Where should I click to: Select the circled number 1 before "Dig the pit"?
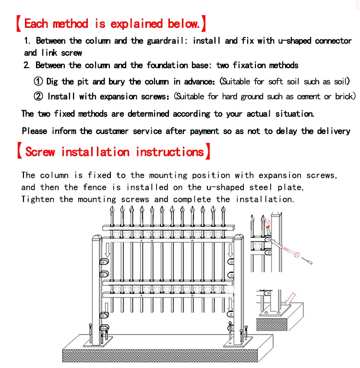[x=39, y=82]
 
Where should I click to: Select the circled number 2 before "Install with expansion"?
[x=39, y=97]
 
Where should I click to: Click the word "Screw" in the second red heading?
[x=40, y=152]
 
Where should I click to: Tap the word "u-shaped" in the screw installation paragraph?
[x=225, y=187]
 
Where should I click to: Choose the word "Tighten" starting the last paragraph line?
[x=37, y=199]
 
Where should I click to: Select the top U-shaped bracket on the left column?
[x=102, y=261]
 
